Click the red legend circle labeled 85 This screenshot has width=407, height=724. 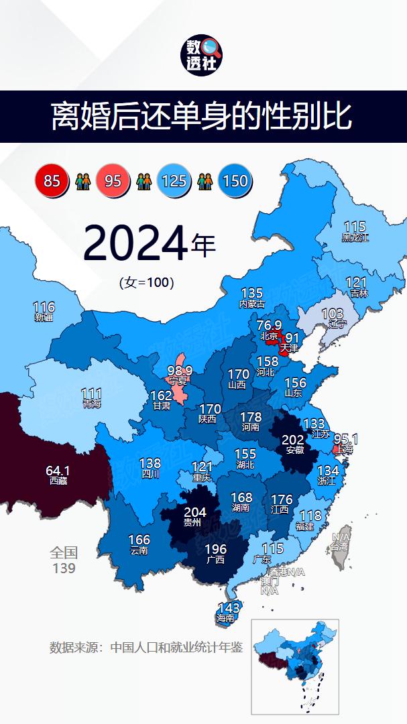52,180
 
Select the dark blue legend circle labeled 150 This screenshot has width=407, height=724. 235,180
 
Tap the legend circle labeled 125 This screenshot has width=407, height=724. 174,180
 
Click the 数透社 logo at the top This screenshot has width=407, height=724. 202,54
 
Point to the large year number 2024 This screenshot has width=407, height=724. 135,245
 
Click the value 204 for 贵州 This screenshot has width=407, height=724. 194,513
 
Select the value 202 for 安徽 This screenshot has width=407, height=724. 294,440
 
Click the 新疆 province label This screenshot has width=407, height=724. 44,317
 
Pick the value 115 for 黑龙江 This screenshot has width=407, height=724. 355,227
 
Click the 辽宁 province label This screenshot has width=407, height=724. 333,324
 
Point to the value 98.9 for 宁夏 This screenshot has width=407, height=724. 180,371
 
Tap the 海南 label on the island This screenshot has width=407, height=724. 226,618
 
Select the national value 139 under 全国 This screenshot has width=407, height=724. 64,568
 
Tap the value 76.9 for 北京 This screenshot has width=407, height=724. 269,325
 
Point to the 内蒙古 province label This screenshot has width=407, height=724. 252,304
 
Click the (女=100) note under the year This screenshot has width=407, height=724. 147,282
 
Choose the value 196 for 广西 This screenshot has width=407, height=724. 215,549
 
